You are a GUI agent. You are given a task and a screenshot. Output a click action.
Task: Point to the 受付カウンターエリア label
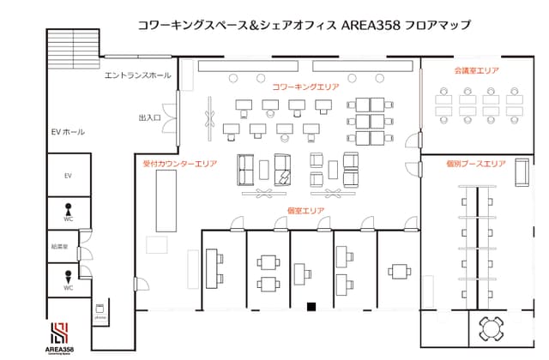point(180,163)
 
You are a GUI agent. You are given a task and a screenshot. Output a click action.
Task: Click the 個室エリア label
point(305,210)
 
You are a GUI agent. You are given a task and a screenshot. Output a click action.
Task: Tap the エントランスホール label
point(137,75)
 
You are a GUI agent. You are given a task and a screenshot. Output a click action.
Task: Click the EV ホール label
point(69,132)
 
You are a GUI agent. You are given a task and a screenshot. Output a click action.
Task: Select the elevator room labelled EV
point(67,176)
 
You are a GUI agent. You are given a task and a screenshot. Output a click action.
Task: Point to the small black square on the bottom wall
point(312,306)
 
